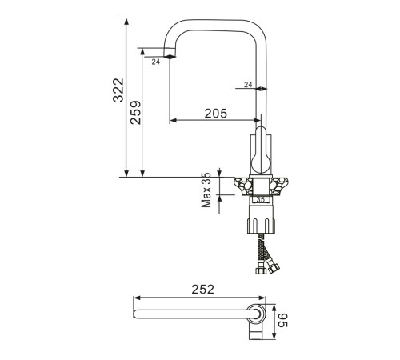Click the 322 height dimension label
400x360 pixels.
[118, 90]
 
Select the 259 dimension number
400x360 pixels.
[135, 112]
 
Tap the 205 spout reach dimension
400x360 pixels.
[216, 114]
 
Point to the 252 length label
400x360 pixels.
[202, 290]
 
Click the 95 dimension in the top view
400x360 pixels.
[282, 320]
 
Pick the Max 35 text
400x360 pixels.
[206, 190]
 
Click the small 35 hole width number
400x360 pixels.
[260, 199]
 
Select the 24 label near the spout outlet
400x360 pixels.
[156, 62]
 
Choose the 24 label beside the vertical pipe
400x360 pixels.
[248, 85]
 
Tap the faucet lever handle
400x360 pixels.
[262, 150]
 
